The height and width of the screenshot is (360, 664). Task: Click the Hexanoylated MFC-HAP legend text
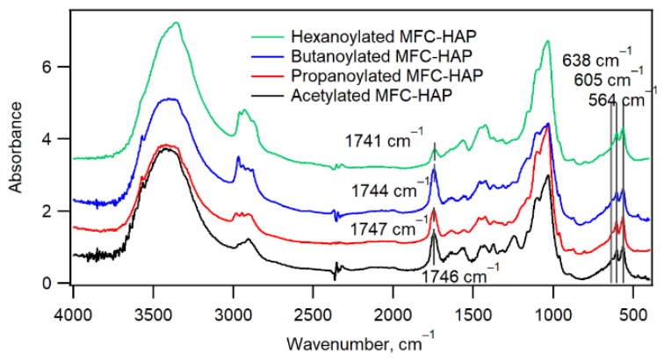coord(384,36)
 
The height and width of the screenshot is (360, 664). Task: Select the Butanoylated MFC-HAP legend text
coord(381,56)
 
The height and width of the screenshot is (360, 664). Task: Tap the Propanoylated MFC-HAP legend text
coord(387,76)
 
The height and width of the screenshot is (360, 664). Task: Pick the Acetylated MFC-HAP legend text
coord(372,96)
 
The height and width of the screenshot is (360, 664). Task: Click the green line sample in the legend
coord(267,37)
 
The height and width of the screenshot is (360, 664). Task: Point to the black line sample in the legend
coord(267,96)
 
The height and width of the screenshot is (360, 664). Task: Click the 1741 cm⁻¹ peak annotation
coord(384,139)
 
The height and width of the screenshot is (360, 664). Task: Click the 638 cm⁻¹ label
coord(597,59)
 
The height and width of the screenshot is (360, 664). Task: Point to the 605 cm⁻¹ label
coord(609,77)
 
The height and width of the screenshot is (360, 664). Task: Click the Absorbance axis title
coord(16,148)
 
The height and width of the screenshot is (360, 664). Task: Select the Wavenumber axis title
coord(360,342)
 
